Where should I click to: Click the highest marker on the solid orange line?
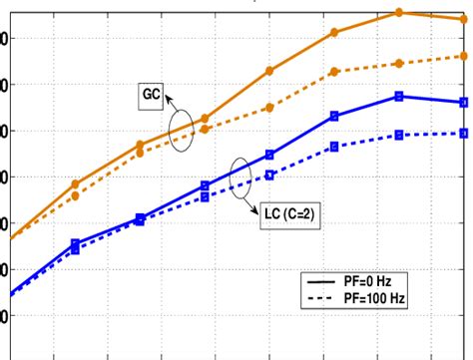coord(398,12)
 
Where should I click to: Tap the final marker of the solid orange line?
coord(462,19)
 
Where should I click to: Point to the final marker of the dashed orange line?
coord(462,56)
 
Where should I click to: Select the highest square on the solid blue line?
coord(398,96)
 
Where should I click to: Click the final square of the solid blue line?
coord(462,102)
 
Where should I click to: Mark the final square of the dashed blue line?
coord(462,133)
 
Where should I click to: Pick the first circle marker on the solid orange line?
coord(76,183)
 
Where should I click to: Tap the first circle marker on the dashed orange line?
coord(76,195)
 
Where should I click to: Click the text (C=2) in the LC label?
coord(300,214)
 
